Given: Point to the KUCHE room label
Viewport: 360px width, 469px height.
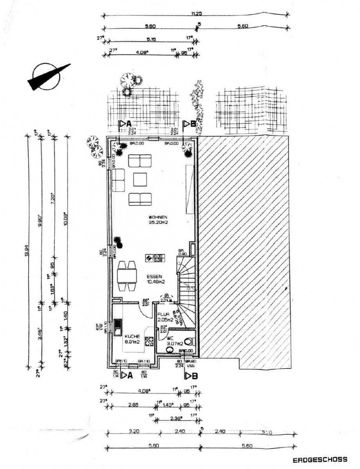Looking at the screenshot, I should point(132,336).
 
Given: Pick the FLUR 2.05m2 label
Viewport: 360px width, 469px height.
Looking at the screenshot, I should point(165,317).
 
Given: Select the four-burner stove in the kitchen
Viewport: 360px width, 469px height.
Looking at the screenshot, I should point(149,341).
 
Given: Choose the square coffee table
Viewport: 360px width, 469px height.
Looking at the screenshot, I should point(140,180).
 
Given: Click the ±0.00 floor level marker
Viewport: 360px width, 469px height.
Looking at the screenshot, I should point(155,258).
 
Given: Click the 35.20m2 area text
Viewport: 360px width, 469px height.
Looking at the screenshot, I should point(158,223).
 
